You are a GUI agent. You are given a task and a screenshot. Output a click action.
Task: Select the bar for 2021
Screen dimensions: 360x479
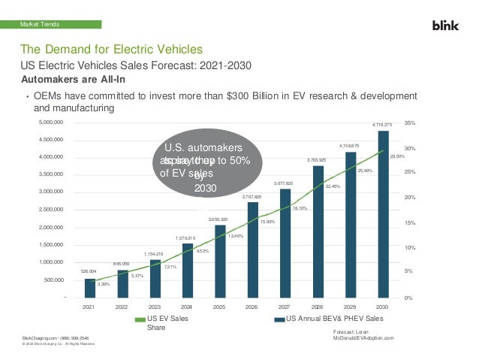(90, 289)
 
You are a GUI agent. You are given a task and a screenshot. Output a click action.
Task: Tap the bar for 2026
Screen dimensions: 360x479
(252, 250)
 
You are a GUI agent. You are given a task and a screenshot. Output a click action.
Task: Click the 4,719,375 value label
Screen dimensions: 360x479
(382, 124)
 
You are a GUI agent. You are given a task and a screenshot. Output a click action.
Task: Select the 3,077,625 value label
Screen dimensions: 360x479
(284, 183)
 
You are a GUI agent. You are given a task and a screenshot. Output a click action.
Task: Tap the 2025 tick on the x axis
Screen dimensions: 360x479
(219, 307)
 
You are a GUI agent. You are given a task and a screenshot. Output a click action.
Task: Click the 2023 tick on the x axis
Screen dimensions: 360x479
(154, 307)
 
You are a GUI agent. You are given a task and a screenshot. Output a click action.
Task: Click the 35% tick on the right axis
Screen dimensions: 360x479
(408, 122)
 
